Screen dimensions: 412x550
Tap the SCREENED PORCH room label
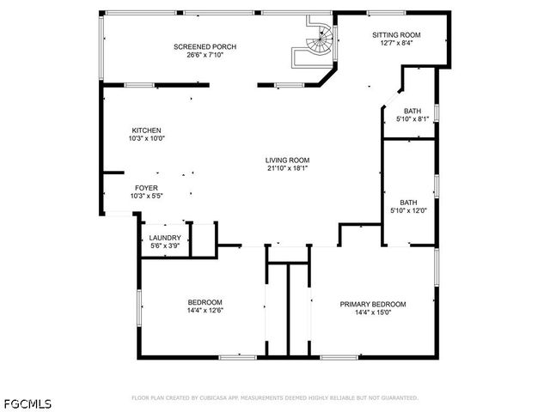point(205,46)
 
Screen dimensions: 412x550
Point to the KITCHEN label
point(146,130)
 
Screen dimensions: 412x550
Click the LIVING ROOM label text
point(287,160)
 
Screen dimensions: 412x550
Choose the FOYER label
point(146,187)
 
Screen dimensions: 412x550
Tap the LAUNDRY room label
point(165,238)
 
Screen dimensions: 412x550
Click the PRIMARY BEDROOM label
point(372,304)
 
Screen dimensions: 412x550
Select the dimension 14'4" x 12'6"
point(205,312)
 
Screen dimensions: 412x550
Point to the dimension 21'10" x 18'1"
point(287,168)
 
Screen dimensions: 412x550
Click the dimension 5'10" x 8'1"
point(412,118)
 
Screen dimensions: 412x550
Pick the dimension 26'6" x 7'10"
point(205,55)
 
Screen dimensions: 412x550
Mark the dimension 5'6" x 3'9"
point(165,246)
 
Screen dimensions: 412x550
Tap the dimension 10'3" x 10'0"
point(146,138)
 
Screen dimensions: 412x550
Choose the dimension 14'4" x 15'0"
point(372,312)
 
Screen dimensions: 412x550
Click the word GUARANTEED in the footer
point(397,398)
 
